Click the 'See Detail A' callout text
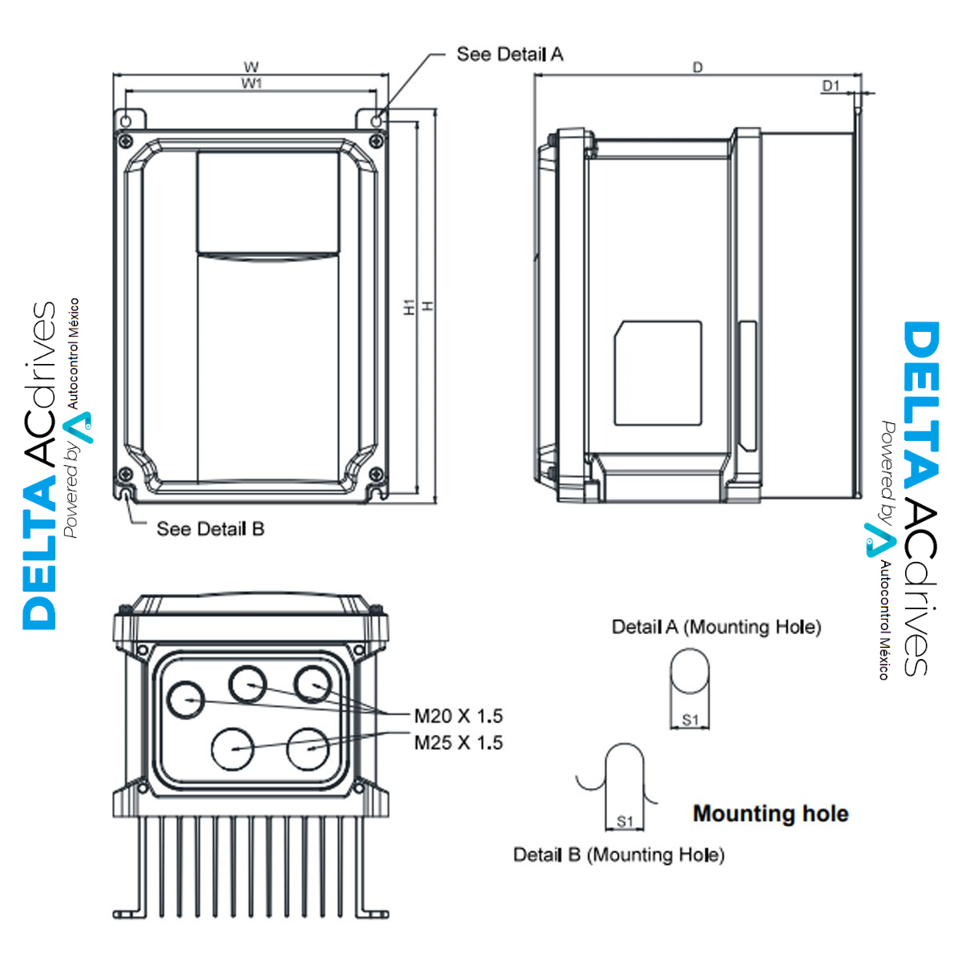[x=510, y=55]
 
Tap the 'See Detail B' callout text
[x=210, y=529]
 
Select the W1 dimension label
[x=252, y=83]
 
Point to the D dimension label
[x=697, y=67]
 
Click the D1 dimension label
[x=831, y=86]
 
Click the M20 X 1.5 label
[x=458, y=716]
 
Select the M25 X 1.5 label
[x=458, y=743]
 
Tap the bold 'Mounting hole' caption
[x=770, y=814]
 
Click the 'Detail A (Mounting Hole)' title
[x=717, y=627]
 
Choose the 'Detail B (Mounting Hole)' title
[x=619, y=855]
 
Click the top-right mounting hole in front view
[x=378, y=120]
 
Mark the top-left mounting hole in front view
[x=126, y=120]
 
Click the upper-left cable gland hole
[x=186, y=700]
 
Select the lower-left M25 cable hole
[x=232, y=749]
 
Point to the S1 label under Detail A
[x=690, y=720]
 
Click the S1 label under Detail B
[x=624, y=822]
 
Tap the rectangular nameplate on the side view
[x=658, y=374]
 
